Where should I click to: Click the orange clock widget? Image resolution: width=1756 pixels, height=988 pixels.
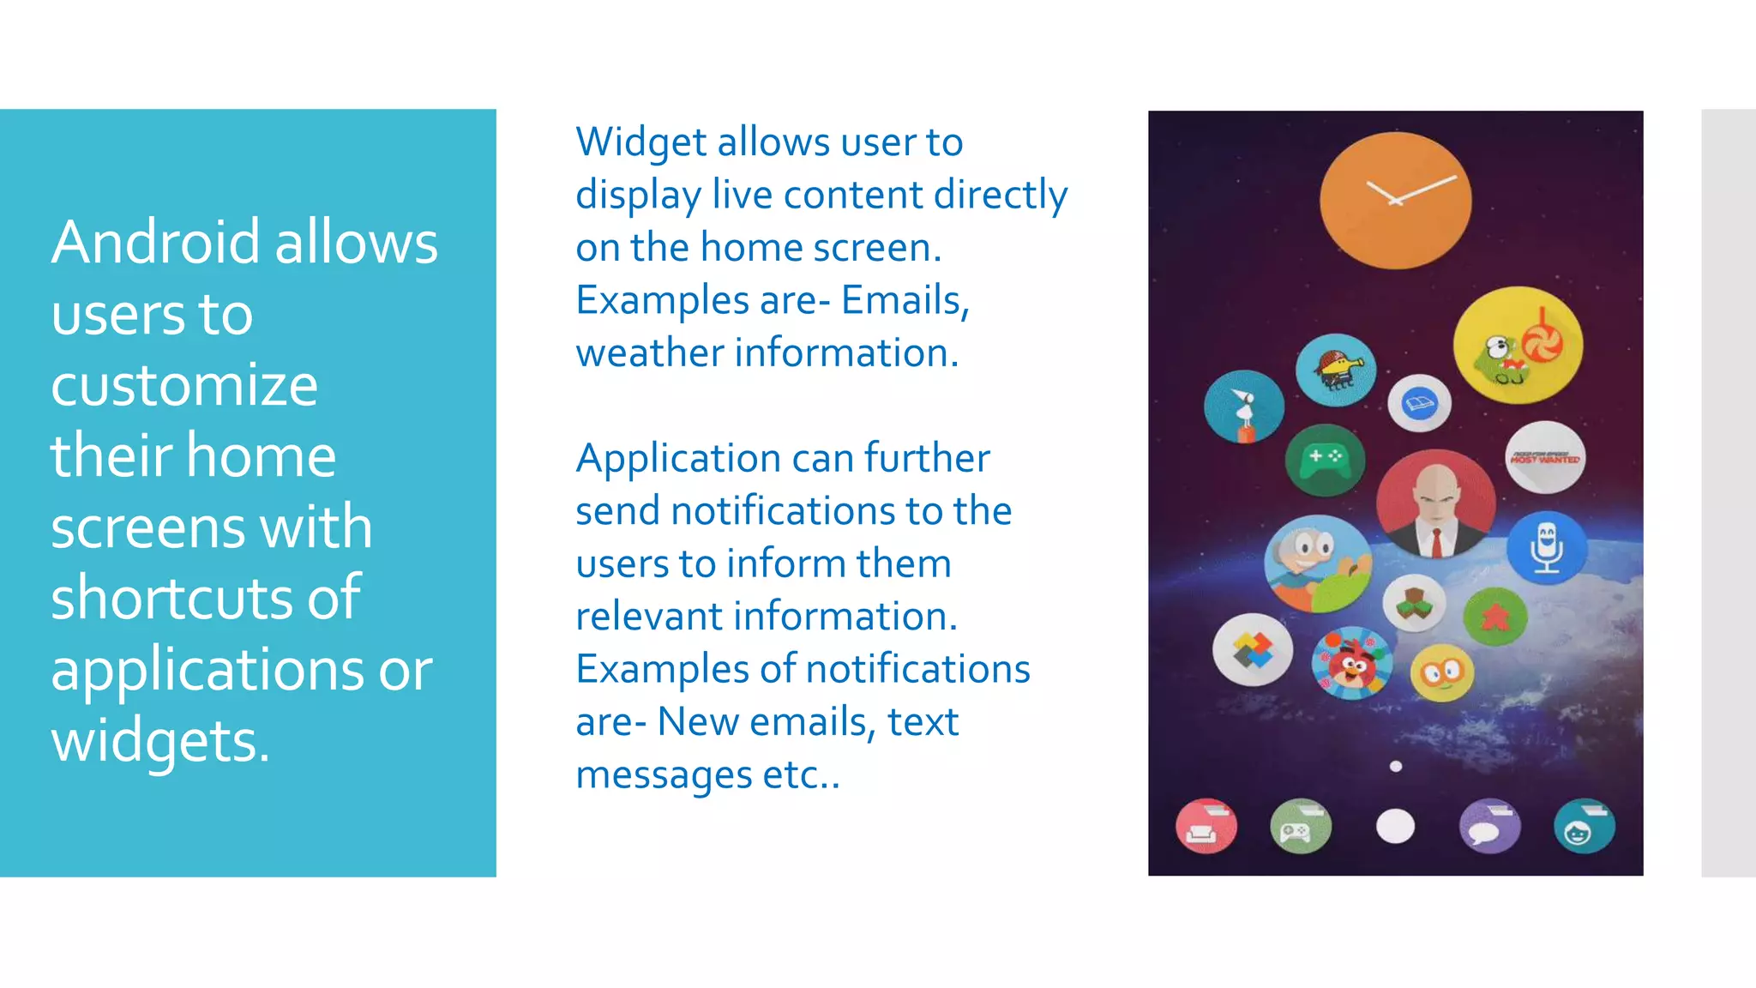(x=1395, y=200)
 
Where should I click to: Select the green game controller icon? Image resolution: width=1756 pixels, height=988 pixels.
(x=1325, y=459)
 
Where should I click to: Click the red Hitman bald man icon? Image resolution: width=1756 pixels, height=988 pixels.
(x=1436, y=505)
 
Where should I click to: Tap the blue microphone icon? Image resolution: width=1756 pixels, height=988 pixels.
(x=1546, y=547)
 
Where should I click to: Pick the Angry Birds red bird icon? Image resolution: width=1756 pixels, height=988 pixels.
(x=1352, y=663)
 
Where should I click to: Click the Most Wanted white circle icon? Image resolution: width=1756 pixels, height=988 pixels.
(x=1545, y=457)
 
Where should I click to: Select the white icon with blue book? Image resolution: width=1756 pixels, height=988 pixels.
(x=1419, y=403)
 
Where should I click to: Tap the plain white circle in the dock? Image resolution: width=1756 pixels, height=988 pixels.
(x=1395, y=827)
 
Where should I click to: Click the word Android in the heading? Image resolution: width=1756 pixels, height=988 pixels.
(x=155, y=243)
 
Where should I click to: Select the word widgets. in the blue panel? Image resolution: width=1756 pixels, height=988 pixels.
(x=160, y=741)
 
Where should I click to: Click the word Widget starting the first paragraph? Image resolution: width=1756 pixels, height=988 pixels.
(x=640, y=142)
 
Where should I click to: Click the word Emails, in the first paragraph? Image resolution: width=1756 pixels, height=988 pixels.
(x=905, y=300)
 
